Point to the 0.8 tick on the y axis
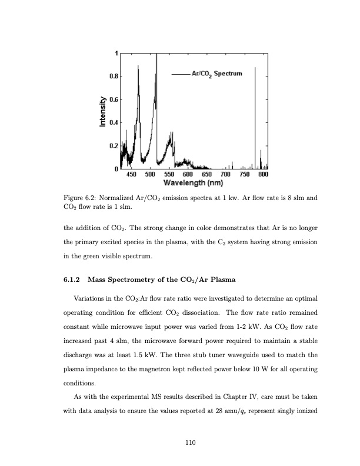[112, 76]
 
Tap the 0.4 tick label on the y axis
[112, 122]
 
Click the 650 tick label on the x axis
[206, 174]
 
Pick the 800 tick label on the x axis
[263, 174]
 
